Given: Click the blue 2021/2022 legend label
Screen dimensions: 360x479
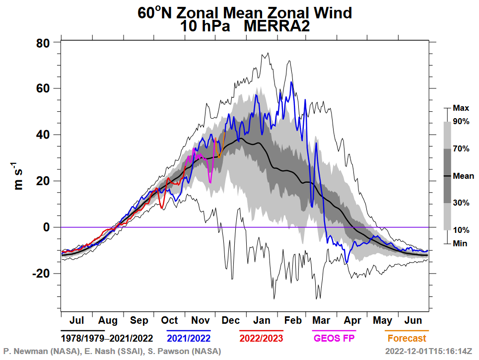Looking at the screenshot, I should point(188,339).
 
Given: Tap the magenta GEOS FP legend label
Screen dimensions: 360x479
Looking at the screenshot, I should point(334,339).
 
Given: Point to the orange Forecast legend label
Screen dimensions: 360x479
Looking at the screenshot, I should point(407,339).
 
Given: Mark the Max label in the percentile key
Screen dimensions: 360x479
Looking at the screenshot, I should point(461,107).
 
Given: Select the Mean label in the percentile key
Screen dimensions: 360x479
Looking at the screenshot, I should point(464,176).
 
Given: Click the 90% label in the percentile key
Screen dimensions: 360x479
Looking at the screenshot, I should point(461,121).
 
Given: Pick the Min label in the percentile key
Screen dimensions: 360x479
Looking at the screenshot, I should point(460,244).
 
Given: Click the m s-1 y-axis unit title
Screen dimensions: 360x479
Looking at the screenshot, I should point(20,176).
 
